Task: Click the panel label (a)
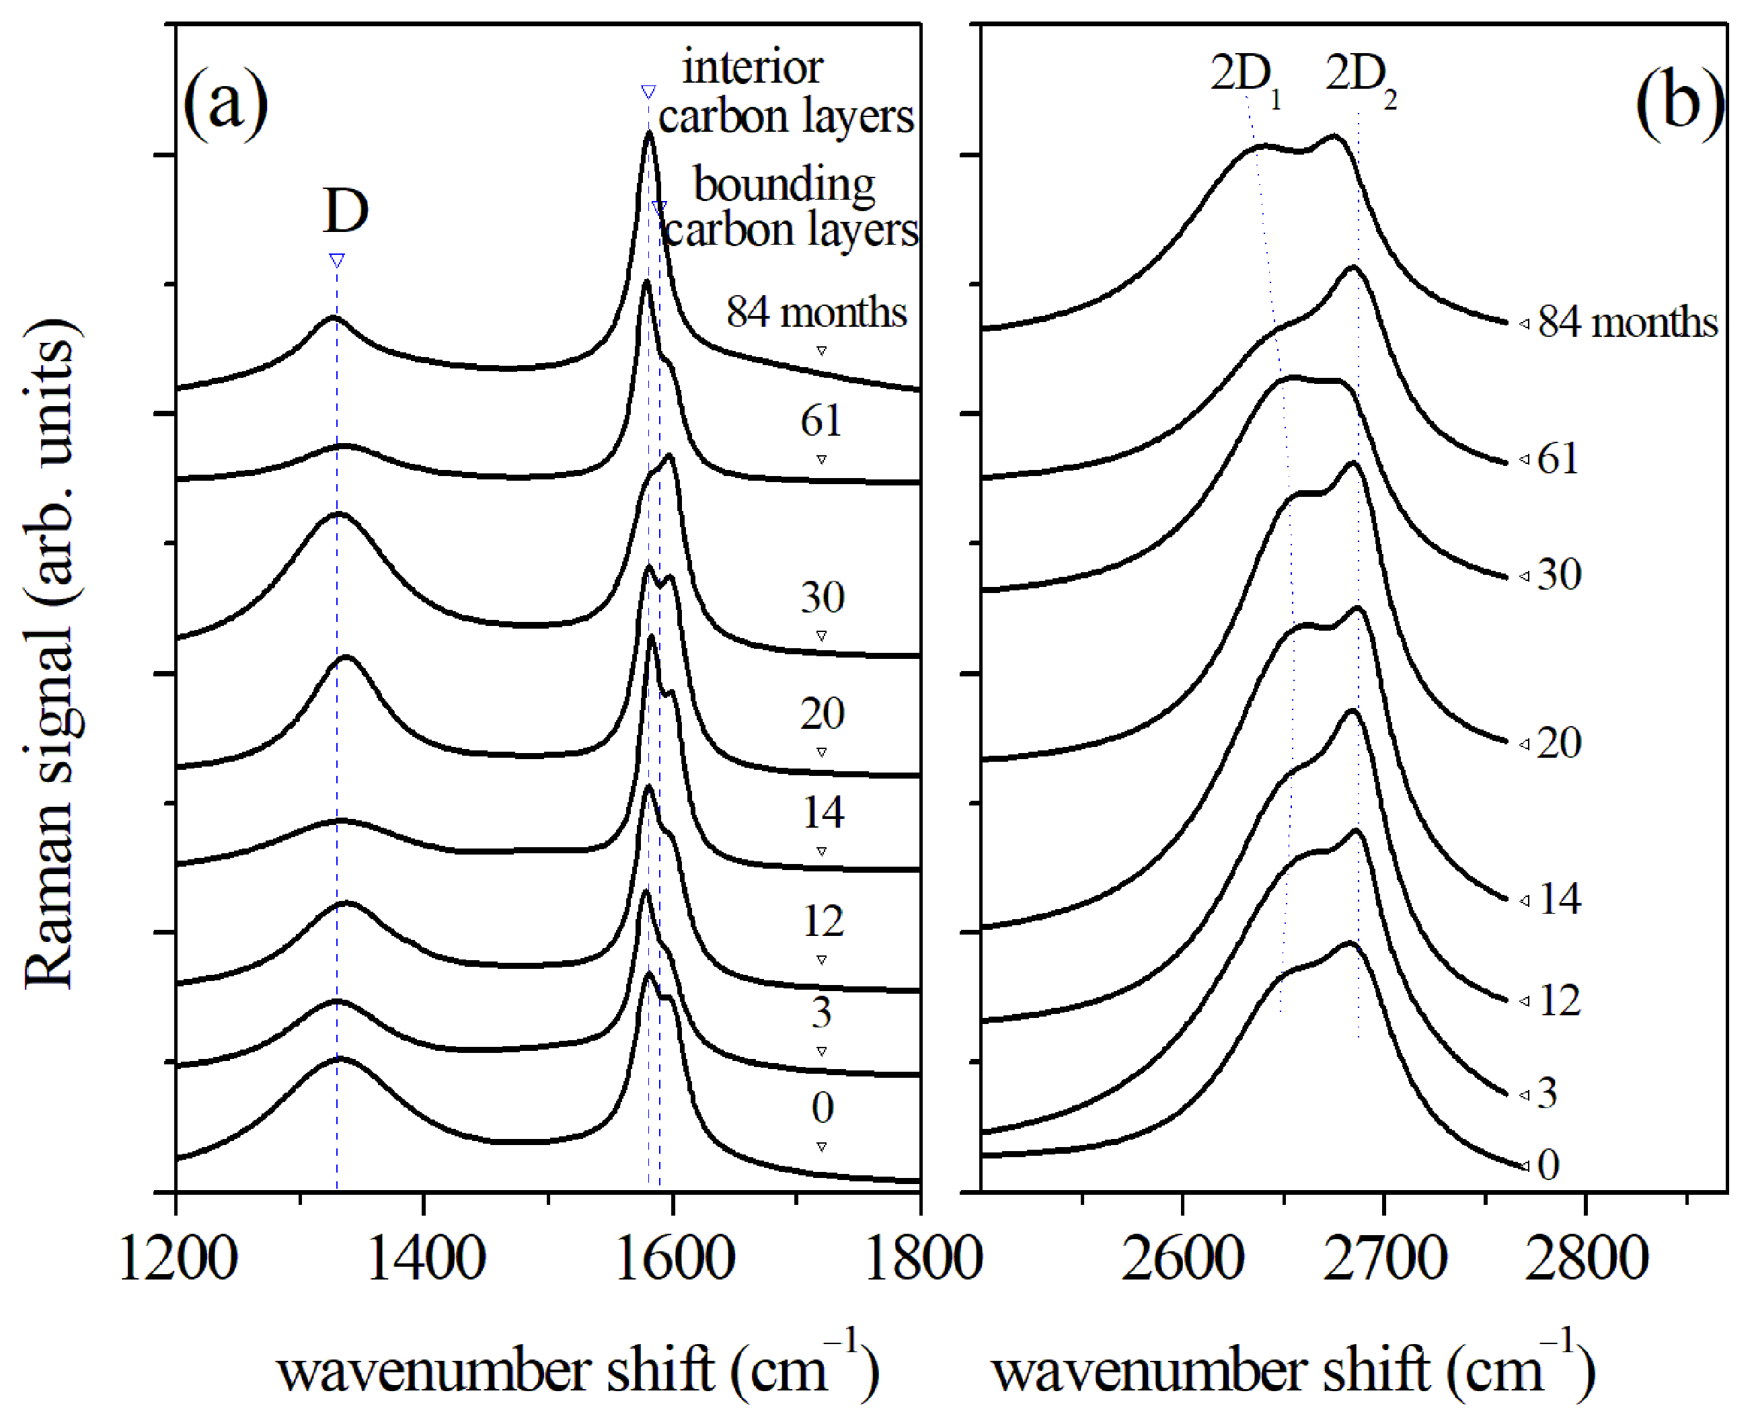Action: pyautogui.click(x=226, y=105)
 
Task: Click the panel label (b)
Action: pyautogui.click(x=1679, y=104)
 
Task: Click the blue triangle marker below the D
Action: pyautogui.click(x=337, y=261)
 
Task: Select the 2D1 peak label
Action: pyautogui.click(x=1244, y=78)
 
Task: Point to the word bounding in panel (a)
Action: pyautogui.click(x=784, y=184)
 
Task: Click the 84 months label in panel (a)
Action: pyautogui.click(x=816, y=313)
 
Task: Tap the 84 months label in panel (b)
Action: pyautogui.click(x=1628, y=323)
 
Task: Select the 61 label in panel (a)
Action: pyautogui.click(x=821, y=421)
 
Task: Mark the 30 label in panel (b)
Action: pyautogui.click(x=1559, y=575)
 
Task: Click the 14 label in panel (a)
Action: pyautogui.click(x=823, y=812)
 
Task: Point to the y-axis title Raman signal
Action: pyautogui.click(x=50, y=653)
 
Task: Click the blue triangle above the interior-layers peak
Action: pyautogui.click(x=648, y=91)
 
